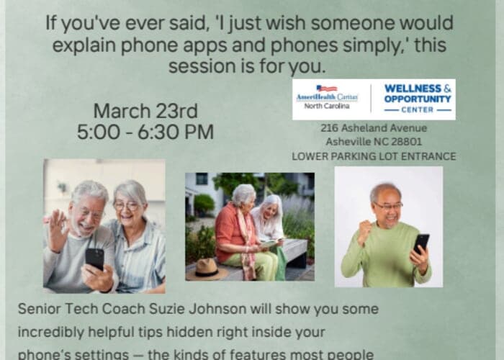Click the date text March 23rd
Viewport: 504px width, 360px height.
pos(145,112)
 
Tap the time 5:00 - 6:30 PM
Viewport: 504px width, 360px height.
pos(145,132)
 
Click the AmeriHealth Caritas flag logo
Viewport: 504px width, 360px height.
pos(326,89)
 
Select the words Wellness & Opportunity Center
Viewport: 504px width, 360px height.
pos(418,99)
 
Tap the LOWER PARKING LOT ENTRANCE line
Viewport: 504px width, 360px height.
pos(374,156)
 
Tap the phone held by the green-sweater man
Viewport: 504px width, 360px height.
pos(421,243)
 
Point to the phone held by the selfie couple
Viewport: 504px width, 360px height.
pos(94,258)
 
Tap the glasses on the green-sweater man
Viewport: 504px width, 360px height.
pos(388,206)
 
